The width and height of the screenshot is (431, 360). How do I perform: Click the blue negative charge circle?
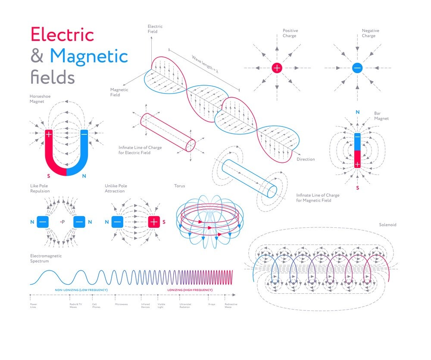[357, 68]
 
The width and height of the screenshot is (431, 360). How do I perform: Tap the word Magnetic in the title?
[89, 56]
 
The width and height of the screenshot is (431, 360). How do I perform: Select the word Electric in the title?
[62, 34]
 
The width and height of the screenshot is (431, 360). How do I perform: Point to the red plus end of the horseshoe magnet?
[49, 134]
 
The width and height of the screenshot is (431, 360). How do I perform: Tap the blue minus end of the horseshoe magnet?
[84, 134]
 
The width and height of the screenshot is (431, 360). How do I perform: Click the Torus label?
[179, 186]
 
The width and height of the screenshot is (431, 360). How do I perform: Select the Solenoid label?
[387, 225]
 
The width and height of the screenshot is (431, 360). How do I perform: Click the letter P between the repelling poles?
[63, 222]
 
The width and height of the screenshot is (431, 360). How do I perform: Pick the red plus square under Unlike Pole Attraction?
[154, 222]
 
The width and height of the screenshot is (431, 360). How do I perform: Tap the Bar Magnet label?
[381, 116]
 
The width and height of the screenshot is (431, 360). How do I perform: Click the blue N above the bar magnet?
[357, 112]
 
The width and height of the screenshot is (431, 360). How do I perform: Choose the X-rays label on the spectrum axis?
[212, 304]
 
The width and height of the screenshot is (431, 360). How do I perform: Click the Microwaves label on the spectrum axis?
[121, 304]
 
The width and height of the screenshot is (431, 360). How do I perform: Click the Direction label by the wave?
[306, 159]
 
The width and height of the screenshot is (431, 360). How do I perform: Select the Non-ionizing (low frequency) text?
[81, 290]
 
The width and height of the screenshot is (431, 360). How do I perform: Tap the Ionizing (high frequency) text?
[190, 290]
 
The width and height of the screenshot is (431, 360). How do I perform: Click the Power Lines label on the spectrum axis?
[34, 305]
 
